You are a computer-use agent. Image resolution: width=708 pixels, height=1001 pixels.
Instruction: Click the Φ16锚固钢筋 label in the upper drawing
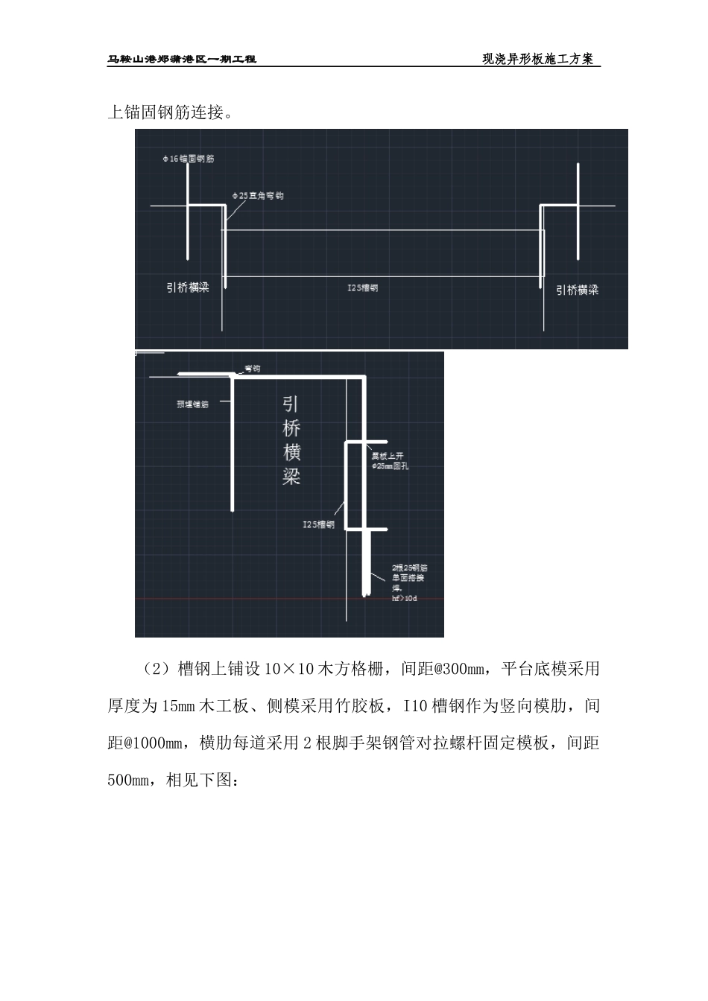(189, 159)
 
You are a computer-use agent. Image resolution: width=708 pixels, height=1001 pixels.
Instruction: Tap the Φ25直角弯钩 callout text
(257, 196)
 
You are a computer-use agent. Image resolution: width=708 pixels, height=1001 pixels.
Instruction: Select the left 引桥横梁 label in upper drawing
(188, 287)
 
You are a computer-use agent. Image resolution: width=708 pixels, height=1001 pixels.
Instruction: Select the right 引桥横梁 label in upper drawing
(577, 290)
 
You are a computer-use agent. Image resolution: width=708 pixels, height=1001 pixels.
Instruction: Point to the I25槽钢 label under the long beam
(363, 287)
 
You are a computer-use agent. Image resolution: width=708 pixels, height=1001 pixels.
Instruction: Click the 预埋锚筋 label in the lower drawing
(192, 404)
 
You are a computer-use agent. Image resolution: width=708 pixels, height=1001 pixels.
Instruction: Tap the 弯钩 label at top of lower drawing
(252, 369)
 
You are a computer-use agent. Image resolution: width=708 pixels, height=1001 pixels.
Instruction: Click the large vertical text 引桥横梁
(291, 440)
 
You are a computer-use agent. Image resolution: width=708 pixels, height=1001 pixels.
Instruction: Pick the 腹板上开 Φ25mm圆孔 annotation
(391, 461)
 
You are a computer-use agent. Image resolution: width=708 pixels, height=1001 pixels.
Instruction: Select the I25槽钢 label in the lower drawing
(318, 524)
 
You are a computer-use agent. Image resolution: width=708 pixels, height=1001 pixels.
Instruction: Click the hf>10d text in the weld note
(404, 598)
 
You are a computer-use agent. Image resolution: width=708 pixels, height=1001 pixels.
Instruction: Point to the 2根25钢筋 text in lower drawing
(409, 568)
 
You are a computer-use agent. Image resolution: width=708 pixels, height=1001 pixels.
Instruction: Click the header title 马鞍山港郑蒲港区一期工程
(182, 59)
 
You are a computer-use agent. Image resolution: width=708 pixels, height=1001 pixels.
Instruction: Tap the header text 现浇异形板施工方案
(537, 59)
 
